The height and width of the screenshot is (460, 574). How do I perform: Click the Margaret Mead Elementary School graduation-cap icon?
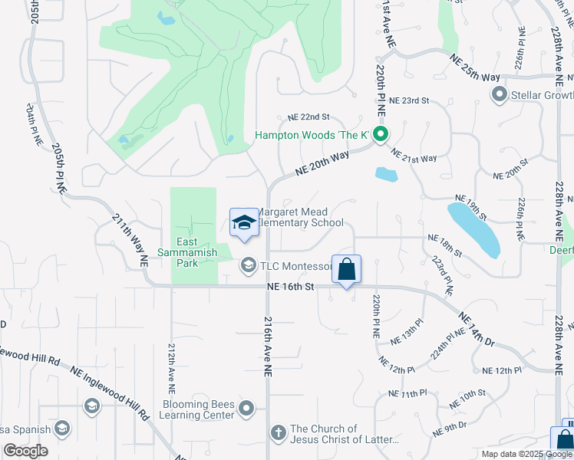[x=244, y=222]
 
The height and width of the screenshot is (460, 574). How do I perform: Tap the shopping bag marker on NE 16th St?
[x=346, y=270]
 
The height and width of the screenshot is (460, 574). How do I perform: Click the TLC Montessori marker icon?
[x=248, y=266]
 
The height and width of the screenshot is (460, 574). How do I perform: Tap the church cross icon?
[x=278, y=434]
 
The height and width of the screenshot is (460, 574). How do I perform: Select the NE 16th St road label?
[x=291, y=286]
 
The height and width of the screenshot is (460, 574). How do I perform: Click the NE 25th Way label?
[x=475, y=67]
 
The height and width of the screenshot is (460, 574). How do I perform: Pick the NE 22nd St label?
[x=308, y=117]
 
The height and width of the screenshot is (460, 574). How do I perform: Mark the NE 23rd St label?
[x=409, y=100]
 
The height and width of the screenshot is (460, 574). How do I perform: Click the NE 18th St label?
[x=445, y=245]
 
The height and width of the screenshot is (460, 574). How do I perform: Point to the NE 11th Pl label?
[x=407, y=393]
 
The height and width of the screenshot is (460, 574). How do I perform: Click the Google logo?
[x=25, y=451]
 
